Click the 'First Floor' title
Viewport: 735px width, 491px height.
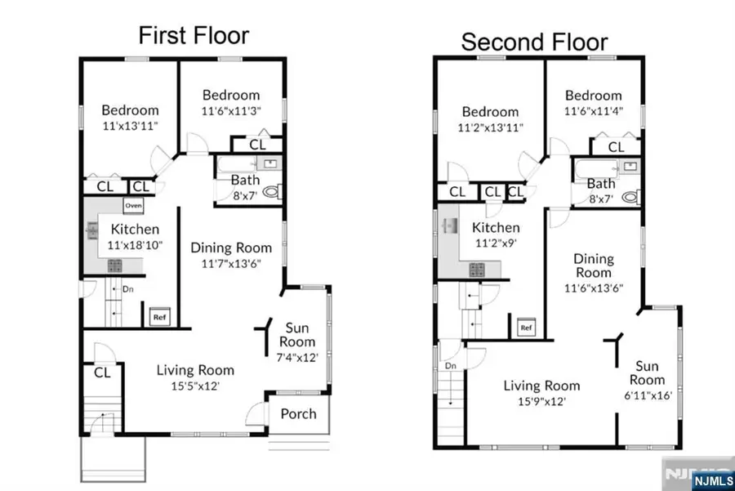tap(193, 35)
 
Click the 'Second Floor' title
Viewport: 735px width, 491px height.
tap(534, 42)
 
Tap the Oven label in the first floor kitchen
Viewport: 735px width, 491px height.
tap(133, 206)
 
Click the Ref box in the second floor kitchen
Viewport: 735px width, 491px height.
tap(526, 328)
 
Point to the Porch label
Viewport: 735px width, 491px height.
tap(298, 413)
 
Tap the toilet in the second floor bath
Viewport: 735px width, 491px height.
tap(630, 197)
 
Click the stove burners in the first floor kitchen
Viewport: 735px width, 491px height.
tap(114, 265)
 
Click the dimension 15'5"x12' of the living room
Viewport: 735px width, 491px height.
tap(194, 386)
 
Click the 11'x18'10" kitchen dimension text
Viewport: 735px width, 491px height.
tap(135, 244)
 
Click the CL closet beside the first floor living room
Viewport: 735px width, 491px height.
tap(102, 373)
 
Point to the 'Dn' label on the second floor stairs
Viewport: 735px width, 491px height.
tap(450, 367)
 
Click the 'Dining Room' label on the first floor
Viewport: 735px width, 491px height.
tap(231, 248)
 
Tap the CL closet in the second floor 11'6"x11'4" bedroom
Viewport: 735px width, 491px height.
tap(615, 147)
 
